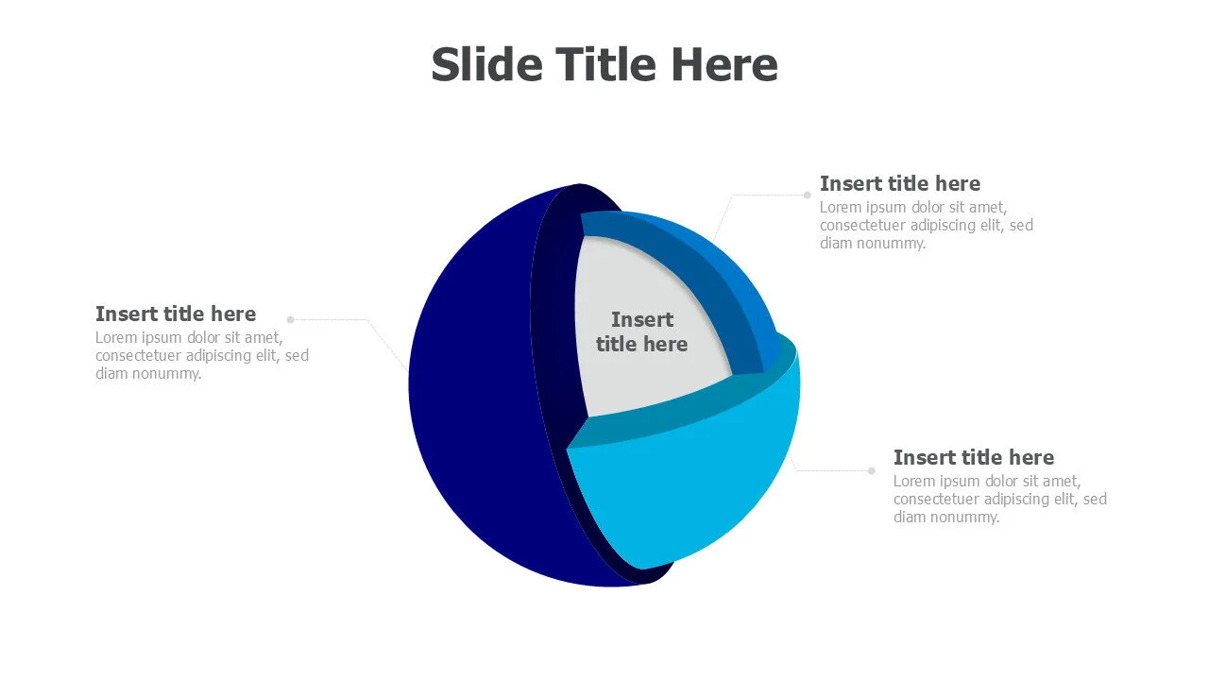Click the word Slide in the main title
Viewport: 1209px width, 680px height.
(x=486, y=64)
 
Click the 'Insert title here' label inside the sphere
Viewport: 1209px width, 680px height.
(x=641, y=331)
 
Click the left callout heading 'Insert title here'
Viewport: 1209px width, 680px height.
(x=176, y=314)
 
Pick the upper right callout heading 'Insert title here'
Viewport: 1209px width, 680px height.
(x=900, y=183)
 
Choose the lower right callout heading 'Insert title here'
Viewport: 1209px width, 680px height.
(x=974, y=457)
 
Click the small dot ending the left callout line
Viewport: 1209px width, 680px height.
(x=290, y=319)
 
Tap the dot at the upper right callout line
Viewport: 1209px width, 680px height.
(x=808, y=195)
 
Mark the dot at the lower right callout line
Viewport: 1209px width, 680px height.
(x=872, y=470)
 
